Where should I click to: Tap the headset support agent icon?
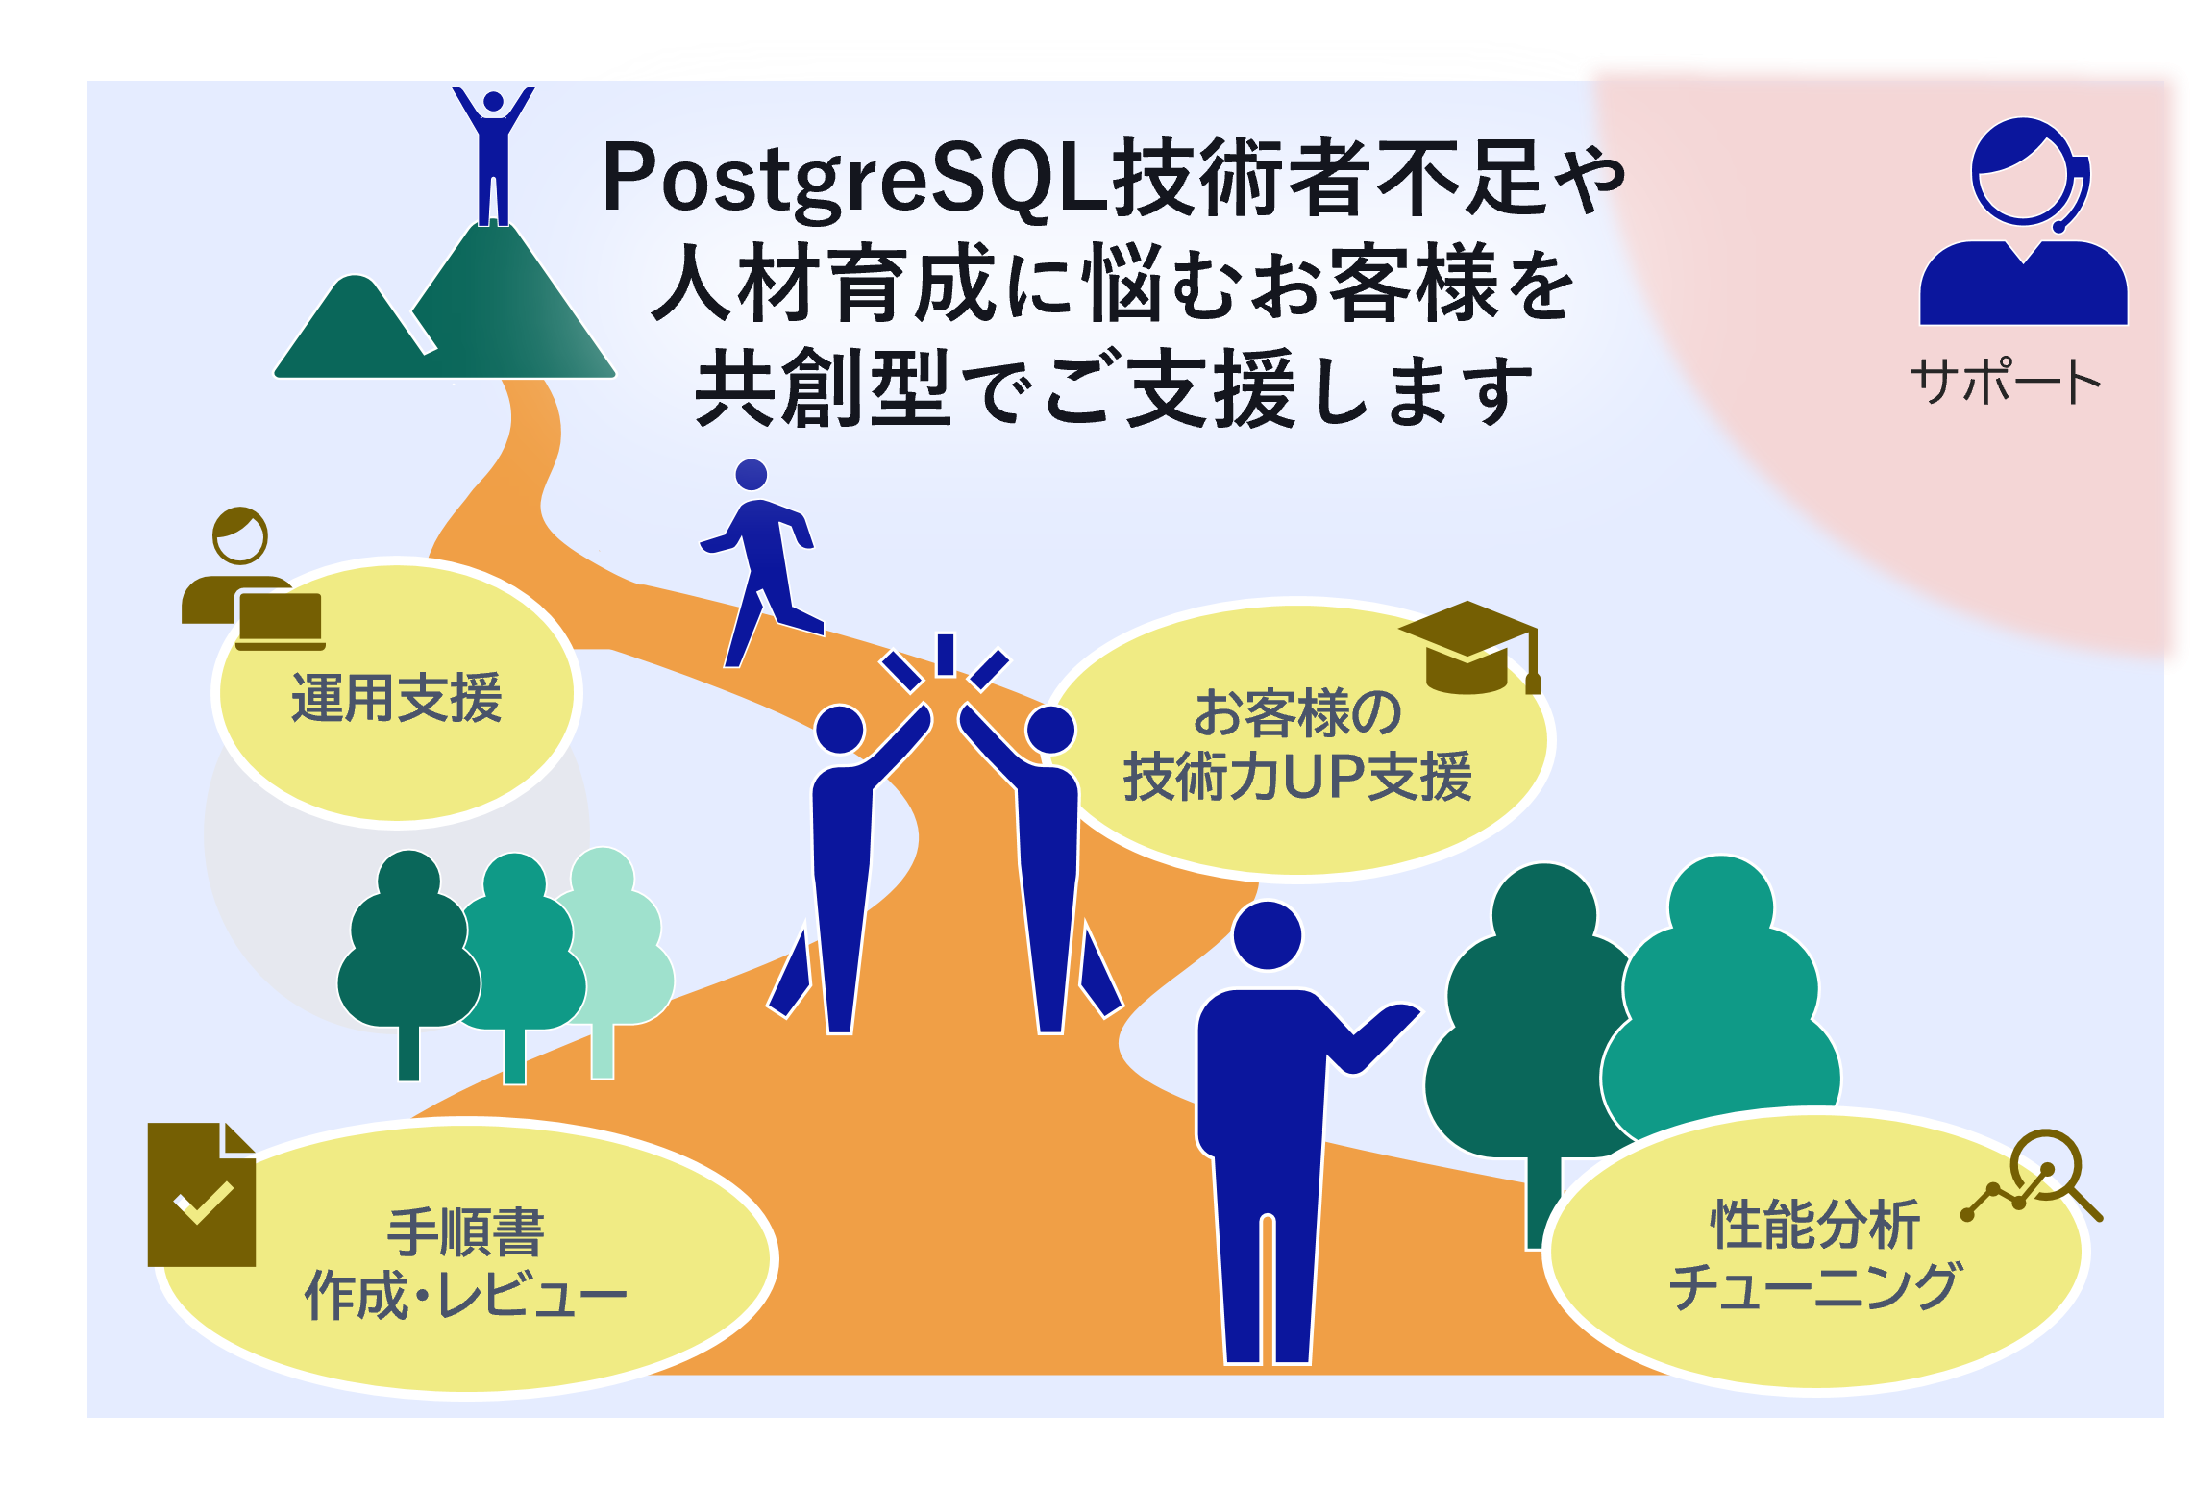[2023, 221]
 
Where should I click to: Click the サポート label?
[2006, 381]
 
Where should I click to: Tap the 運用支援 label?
[396, 697]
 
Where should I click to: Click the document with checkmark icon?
[202, 1194]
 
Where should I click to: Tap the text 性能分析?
[1815, 1225]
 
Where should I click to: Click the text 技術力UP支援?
[1297, 776]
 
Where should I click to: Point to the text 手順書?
[466, 1231]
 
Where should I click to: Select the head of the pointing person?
[1267, 935]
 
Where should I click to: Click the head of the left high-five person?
[840, 730]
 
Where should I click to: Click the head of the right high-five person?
[1050, 730]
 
